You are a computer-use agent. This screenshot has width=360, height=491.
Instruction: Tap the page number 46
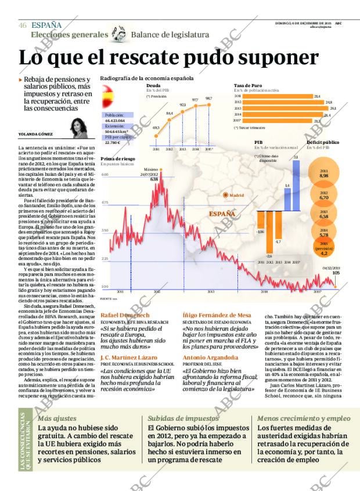click(23, 25)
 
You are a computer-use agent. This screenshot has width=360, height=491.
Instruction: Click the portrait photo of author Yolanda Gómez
click(77, 128)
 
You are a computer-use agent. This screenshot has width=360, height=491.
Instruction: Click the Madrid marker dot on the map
click(226, 196)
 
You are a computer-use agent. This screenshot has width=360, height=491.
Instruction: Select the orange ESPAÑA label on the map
click(222, 214)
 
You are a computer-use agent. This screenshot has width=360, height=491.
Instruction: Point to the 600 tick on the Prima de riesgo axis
click(105, 175)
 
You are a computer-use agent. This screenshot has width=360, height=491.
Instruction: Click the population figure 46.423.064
click(115, 121)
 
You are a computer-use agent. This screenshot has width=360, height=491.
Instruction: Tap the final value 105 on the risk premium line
click(335, 272)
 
